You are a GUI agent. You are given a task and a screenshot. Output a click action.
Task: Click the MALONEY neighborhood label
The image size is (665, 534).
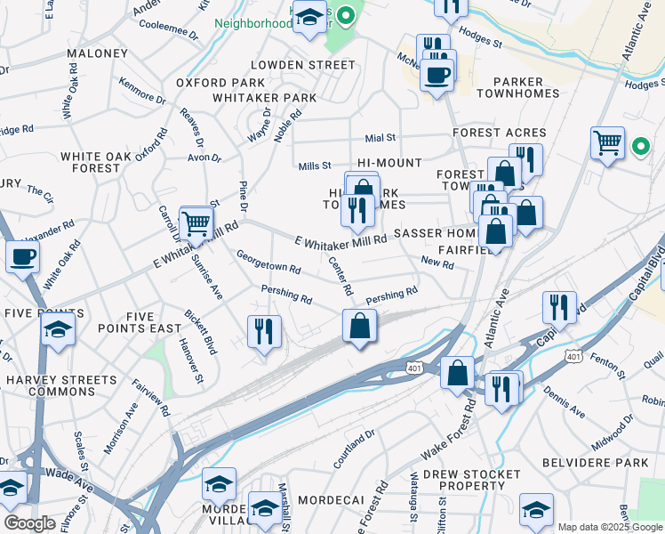click(x=97, y=53)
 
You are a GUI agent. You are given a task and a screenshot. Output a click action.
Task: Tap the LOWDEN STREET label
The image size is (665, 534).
click(x=302, y=65)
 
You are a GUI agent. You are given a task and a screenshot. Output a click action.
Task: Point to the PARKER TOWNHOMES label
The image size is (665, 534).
click(x=518, y=86)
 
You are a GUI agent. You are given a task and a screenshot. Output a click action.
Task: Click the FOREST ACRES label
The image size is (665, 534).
click(x=499, y=133)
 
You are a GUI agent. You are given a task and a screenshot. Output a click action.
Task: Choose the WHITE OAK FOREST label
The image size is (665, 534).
click(x=90, y=162)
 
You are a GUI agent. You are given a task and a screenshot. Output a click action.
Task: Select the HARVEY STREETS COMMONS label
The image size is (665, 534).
click(x=50, y=385)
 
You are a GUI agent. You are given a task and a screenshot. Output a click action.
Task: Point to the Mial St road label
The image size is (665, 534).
click(x=380, y=138)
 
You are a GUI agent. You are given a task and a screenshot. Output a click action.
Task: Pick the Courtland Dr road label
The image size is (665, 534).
click(x=355, y=452)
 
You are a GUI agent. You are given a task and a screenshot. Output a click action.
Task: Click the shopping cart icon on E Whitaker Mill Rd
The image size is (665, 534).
click(x=196, y=224)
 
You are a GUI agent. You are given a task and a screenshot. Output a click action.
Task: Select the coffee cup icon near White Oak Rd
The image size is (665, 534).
click(x=22, y=257)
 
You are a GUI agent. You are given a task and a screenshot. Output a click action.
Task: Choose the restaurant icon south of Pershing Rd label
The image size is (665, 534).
click(x=264, y=332)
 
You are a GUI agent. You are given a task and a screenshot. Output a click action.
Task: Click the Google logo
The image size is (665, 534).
click(x=30, y=523)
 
